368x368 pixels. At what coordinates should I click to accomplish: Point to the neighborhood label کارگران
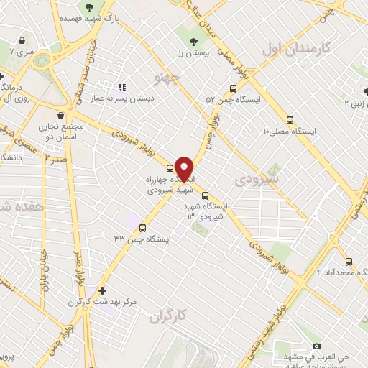click(168, 315)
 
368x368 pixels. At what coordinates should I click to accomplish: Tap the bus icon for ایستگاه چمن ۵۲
click(232, 88)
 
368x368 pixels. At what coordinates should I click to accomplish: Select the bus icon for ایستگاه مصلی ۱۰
click(290, 120)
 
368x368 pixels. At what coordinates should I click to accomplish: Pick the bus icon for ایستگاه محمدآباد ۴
click(349, 262)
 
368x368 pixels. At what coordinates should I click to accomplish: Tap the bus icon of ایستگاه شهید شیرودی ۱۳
click(206, 195)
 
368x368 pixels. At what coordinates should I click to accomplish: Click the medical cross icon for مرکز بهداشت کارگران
click(102, 291)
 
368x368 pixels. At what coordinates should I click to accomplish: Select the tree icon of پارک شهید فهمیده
click(88, 7)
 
